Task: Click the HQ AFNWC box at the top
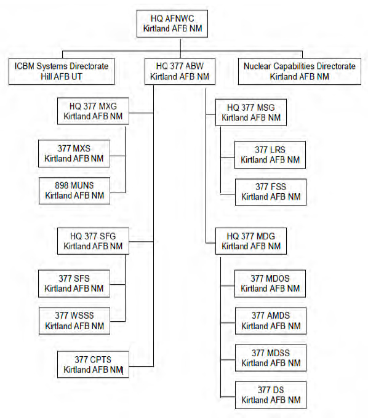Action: click(x=172, y=23)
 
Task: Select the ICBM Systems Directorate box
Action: click(x=62, y=71)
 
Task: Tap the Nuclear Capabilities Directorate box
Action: click(x=299, y=71)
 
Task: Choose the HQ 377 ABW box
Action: click(x=180, y=71)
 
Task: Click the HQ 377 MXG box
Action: click(x=93, y=111)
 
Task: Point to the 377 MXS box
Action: click(x=74, y=153)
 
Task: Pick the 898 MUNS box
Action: click(x=74, y=191)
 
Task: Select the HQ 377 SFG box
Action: click(x=93, y=241)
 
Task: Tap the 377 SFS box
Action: click(x=74, y=284)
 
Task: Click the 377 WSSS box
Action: click(x=74, y=321)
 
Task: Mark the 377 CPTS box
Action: click(x=93, y=364)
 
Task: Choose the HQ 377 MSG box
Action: click(x=251, y=113)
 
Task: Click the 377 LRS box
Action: click(x=270, y=155)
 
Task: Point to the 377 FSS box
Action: click(x=270, y=192)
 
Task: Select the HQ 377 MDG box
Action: click(x=251, y=241)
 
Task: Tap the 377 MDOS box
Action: click(x=270, y=284)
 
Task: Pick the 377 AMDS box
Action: click(x=270, y=321)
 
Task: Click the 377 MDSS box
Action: click(x=270, y=358)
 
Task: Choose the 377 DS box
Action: click(x=270, y=395)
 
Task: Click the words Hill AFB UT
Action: click(x=62, y=77)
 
